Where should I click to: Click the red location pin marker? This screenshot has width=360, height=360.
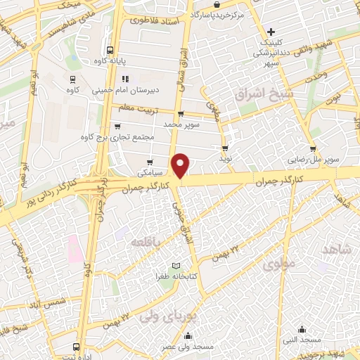click(x=181, y=165)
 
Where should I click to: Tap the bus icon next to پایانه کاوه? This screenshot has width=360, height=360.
click(x=110, y=50)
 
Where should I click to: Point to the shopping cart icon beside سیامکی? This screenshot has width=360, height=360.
click(x=150, y=162)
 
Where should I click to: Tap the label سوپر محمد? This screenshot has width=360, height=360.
click(x=181, y=124)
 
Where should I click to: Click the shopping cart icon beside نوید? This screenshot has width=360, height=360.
click(x=225, y=148)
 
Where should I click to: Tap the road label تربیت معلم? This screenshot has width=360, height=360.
click(x=136, y=107)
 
